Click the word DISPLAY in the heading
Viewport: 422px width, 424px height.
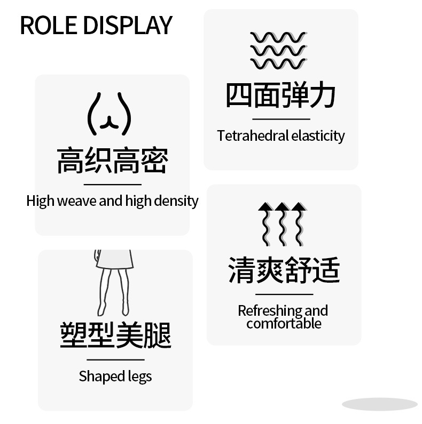coord(129,25)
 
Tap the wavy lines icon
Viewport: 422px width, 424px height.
coord(278,51)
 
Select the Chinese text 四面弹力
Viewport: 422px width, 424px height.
coord(280,95)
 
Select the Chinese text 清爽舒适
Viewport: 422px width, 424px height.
coord(284,269)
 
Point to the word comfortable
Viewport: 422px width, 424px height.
coord(284,323)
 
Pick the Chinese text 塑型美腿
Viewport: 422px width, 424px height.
coord(115,335)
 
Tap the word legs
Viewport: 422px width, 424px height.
coord(140,377)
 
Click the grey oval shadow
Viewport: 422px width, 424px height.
coord(379,404)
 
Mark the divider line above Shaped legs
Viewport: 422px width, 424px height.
coord(115,360)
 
